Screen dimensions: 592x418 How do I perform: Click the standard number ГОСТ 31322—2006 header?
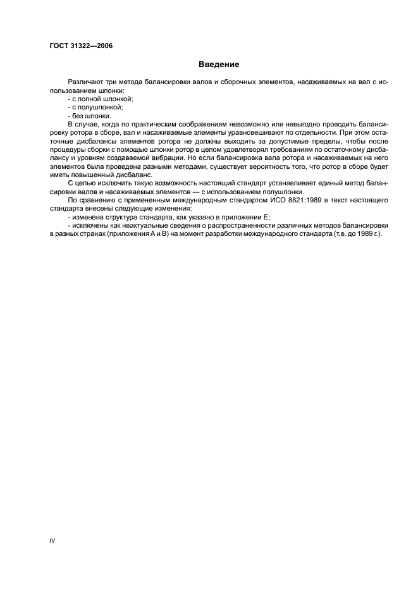click(78, 46)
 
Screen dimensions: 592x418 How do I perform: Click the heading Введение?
click(218, 65)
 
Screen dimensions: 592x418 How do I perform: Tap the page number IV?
click(52, 541)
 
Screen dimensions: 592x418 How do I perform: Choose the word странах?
click(95, 233)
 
